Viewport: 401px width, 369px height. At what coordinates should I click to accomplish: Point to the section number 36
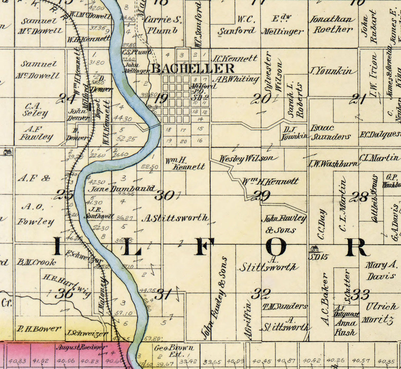coord(64,293)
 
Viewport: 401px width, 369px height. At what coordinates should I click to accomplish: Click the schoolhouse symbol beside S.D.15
coord(314,249)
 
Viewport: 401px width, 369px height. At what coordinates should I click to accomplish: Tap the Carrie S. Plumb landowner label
coord(163,25)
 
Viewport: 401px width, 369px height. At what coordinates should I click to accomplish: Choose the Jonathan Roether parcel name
coord(332,24)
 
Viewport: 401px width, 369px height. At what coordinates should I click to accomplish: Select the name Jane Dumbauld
coord(121,189)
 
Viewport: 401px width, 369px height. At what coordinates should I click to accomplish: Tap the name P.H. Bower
coord(39,329)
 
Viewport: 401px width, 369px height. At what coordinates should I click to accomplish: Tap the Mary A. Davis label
coord(380,270)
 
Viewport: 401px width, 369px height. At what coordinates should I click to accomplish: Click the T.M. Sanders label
coord(284,306)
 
